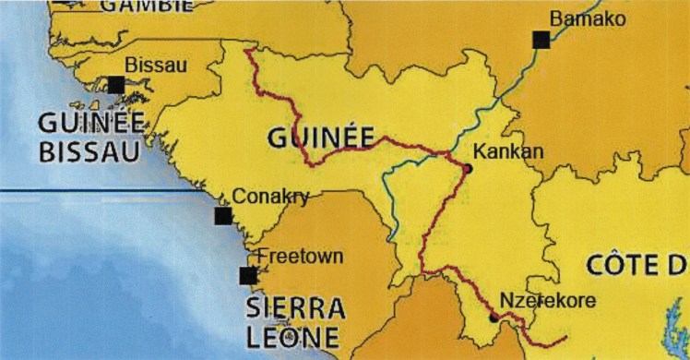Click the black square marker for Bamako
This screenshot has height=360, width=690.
[x=541, y=39]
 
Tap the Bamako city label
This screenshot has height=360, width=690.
[x=587, y=18]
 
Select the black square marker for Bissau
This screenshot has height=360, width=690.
[x=116, y=85]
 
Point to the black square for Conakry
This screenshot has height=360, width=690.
[x=222, y=216]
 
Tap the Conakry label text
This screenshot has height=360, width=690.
[x=270, y=196]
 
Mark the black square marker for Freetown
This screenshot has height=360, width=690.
[x=247, y=275]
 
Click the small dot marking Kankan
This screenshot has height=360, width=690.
[x=468, y=169]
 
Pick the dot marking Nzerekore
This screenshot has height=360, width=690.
[x=494, y=319]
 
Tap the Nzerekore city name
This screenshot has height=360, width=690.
[x=546, y=300]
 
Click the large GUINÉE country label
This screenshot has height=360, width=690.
[x=320, y=138]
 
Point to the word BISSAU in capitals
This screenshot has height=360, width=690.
[x=89, y=151]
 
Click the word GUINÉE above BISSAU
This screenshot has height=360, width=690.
[x=90, y=122]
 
